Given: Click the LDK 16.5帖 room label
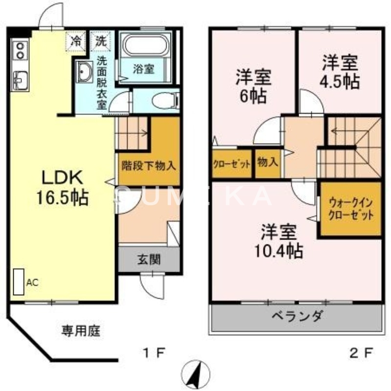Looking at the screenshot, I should pyautogui.click(x=61, y=187).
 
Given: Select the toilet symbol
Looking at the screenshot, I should pyautogui.click(x=159, y=101).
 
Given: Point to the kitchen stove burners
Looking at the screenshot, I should pyautogui.click(x=20, y=49).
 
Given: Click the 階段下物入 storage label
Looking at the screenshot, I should pyautogui.click(x=149, y=165).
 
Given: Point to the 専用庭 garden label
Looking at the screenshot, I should pyautogui.click(x=80, y=331).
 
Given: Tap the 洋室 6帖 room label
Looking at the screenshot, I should pyautogui.click(x=254, y=86).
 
